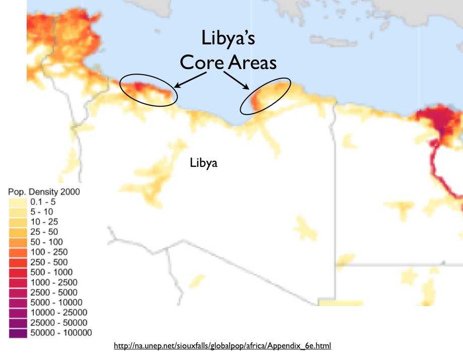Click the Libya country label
[204, 163]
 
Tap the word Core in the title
[202, 63]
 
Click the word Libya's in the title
[228, 38]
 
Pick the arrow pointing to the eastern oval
[236, 80]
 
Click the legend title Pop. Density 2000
[44, 192]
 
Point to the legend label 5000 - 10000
[56, 303]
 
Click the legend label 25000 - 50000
[59, 323]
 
